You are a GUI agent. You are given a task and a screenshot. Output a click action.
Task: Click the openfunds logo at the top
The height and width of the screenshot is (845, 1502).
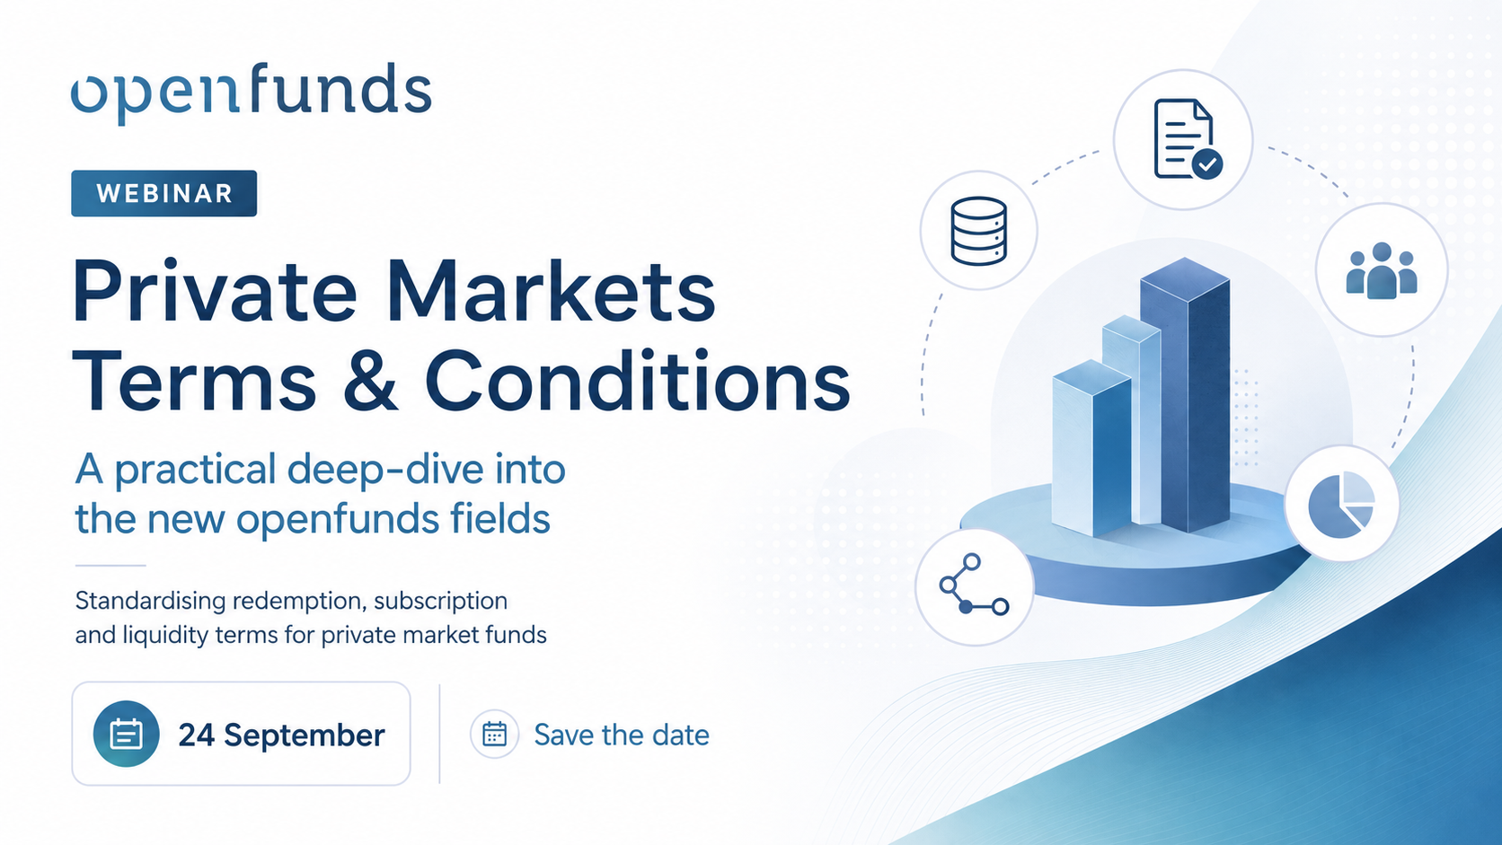(251, 92)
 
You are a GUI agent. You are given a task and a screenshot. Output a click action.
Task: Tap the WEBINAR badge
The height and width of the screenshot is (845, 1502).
(163, 193)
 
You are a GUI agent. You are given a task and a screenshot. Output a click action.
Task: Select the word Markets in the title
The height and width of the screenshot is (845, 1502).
(552, 293)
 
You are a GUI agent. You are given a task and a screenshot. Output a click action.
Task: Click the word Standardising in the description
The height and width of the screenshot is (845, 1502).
(150, 602)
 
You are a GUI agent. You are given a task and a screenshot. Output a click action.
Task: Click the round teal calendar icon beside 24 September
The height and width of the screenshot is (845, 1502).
(126, 734)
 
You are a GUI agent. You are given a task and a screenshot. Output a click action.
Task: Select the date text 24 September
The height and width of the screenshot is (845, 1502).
(282, 735)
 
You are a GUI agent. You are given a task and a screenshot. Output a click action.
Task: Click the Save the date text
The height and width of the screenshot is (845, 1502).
(622, 735)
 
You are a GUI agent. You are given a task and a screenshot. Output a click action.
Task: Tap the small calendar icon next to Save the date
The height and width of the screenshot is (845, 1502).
(494, 735)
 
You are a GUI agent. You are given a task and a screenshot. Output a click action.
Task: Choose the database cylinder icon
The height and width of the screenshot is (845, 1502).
(978, 231)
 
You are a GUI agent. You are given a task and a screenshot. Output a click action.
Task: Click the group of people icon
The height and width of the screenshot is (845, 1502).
(1382, 270)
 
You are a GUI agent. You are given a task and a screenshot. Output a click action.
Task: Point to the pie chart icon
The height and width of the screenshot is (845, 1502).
(1341, 505)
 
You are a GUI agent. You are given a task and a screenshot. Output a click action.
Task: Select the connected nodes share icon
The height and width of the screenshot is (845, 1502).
(974, 585)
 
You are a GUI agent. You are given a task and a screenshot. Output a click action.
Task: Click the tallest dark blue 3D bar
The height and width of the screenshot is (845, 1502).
(1186, 394)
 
